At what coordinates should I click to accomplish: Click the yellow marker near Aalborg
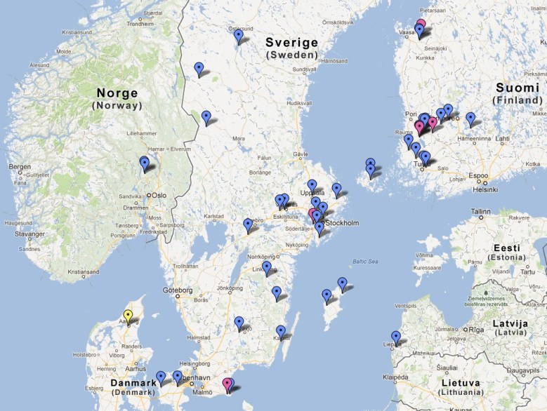(x=128, y=316)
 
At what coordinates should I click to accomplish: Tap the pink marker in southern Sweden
(x=227, y=384)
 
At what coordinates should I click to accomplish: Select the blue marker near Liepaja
(x=396, y=337)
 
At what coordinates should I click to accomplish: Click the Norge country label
(x=117, y=93)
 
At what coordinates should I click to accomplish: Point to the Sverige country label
(x=291, y=43)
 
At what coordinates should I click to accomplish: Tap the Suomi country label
(x=518, y=88)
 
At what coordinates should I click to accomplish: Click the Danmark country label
(x=133, y=384)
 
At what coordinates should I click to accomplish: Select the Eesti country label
(x=506, y=248)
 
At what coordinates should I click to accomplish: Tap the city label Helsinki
(x=485, y=189)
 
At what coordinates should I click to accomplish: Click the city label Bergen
(x=20, y=167)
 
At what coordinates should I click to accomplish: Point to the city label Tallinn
(x=481, y=211)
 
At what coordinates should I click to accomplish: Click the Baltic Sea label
(x=365, y=262)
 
